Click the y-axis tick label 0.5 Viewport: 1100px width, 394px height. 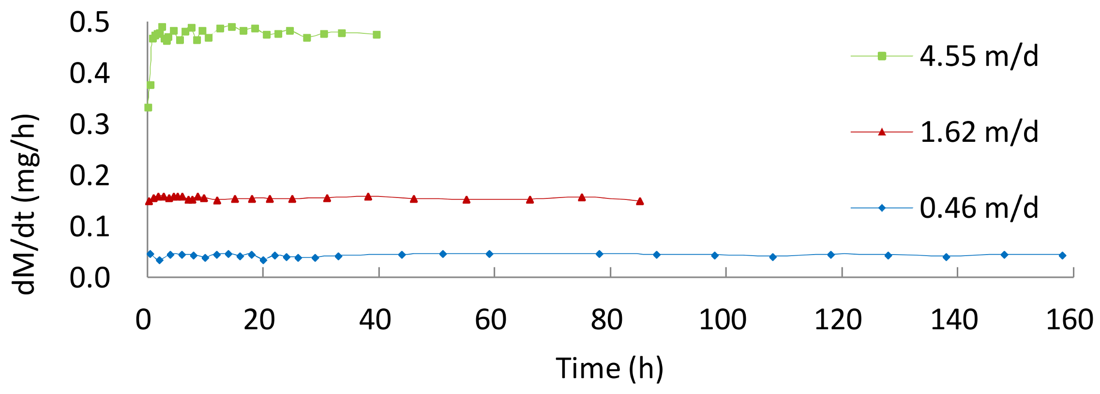(90, 22)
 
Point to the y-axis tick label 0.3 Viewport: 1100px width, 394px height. (90, 124)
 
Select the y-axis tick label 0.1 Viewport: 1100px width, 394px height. (90, 227)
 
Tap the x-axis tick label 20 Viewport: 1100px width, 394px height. (259, 319)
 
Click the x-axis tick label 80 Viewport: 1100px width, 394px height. (606, 319)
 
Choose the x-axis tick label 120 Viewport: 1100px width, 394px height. (838, 319)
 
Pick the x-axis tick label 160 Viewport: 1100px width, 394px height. (1070, 319)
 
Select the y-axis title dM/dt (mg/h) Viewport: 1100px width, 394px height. (24, 204)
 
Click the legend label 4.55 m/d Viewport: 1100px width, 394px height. (979, 56)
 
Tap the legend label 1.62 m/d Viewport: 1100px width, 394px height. (979, 132)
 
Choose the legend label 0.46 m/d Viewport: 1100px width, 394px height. (979, 208)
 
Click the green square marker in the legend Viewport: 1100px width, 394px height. (882, 56)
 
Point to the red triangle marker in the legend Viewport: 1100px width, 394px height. (882, 132)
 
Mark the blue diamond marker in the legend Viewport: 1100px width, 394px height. (882, 208)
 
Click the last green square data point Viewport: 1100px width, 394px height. (377, 35)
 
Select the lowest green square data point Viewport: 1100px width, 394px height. (148, 107)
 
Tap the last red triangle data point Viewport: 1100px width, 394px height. (640, 201)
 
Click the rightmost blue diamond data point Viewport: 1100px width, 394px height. (1062, 256)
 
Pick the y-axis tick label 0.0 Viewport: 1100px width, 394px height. (90, 278)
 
